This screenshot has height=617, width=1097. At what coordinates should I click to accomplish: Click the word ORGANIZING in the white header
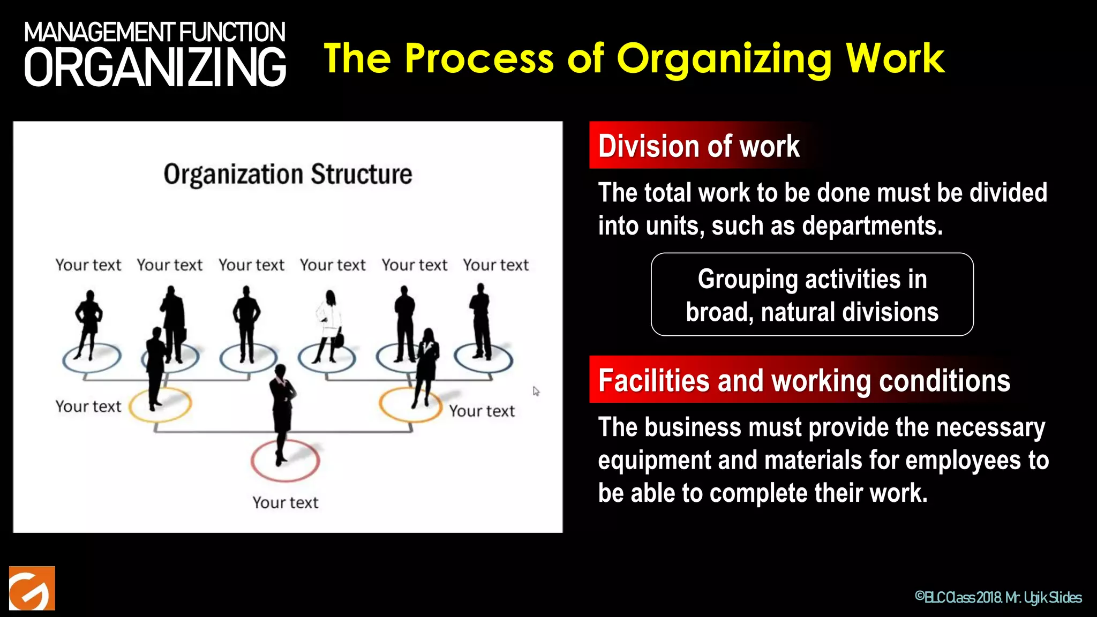point(155,67)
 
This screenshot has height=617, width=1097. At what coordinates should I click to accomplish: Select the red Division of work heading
point(698,146)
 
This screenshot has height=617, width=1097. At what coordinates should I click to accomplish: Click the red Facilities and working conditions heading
point(804,381)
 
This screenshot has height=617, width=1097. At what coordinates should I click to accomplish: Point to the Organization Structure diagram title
point(288,175)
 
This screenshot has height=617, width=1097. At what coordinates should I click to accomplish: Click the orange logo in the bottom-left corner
point(32,588)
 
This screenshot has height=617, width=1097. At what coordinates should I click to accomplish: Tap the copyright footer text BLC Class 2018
point(959,597)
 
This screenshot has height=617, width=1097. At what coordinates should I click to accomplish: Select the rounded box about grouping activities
point(812,295)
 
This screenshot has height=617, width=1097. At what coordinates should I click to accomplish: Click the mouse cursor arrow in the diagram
point(536,391)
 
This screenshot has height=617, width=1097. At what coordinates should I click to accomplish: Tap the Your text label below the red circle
point(285,502)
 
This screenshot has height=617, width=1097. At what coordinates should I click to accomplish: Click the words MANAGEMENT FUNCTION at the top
point(155,32)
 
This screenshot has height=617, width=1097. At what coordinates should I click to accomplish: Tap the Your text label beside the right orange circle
point(482,411)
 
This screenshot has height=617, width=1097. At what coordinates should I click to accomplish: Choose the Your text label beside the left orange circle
point(88,407)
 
